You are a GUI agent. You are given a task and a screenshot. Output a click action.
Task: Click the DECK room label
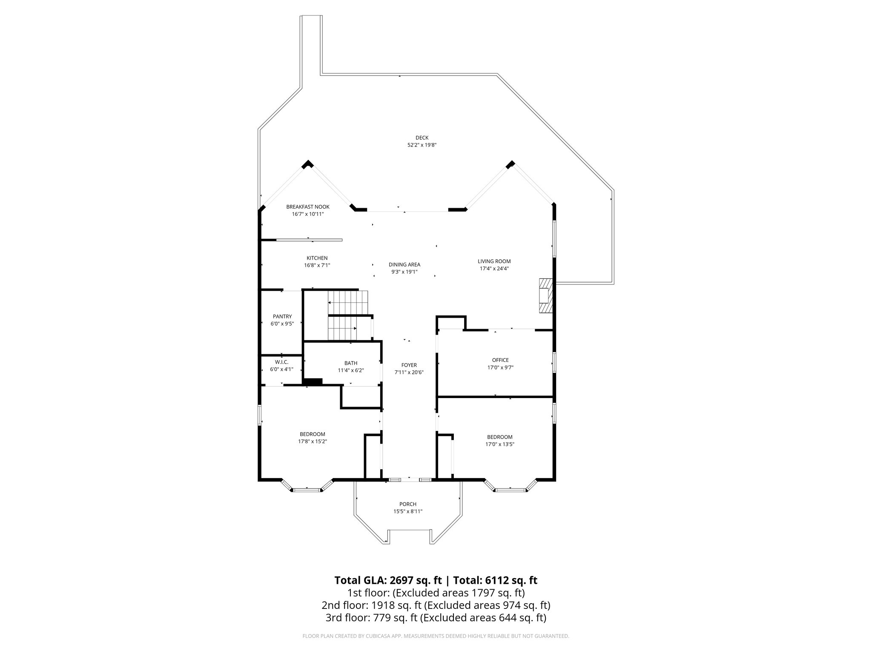[x=422, y=138]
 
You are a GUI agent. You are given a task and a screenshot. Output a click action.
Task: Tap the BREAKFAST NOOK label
[x=308, y=207]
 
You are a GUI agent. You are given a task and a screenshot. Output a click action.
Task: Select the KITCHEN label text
[x=317, y=258]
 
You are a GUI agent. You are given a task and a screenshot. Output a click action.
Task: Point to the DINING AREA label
[x=404, y=264]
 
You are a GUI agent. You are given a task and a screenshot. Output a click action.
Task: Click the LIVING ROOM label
[x=494, y=261]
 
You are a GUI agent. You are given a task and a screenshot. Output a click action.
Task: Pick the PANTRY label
[x=282, y=316]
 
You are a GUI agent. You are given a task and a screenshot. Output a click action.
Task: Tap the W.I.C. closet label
[x=281, y=362]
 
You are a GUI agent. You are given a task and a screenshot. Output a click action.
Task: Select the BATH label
[x=351, y=363]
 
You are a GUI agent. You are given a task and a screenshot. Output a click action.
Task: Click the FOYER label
[x=409, y=365]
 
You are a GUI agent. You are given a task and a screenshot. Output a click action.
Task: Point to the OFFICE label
[x=500, y=360]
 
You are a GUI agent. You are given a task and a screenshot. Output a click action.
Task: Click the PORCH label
[x=408, y=504]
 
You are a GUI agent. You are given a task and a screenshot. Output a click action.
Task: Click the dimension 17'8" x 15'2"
[x=313, y=442]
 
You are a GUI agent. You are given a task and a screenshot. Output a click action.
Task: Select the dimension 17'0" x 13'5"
[x=500, y=444]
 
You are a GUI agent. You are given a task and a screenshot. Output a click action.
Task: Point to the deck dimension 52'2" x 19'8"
[x=422, y=145]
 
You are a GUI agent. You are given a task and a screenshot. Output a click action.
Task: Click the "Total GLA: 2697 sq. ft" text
[x=388, y=580]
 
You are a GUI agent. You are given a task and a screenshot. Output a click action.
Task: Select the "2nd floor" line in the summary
[x=436, y=605]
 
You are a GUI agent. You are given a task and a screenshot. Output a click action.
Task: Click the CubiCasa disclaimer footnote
[x=436, y=636]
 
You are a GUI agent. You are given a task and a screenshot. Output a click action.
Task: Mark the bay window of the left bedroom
[x=307, y=488]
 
